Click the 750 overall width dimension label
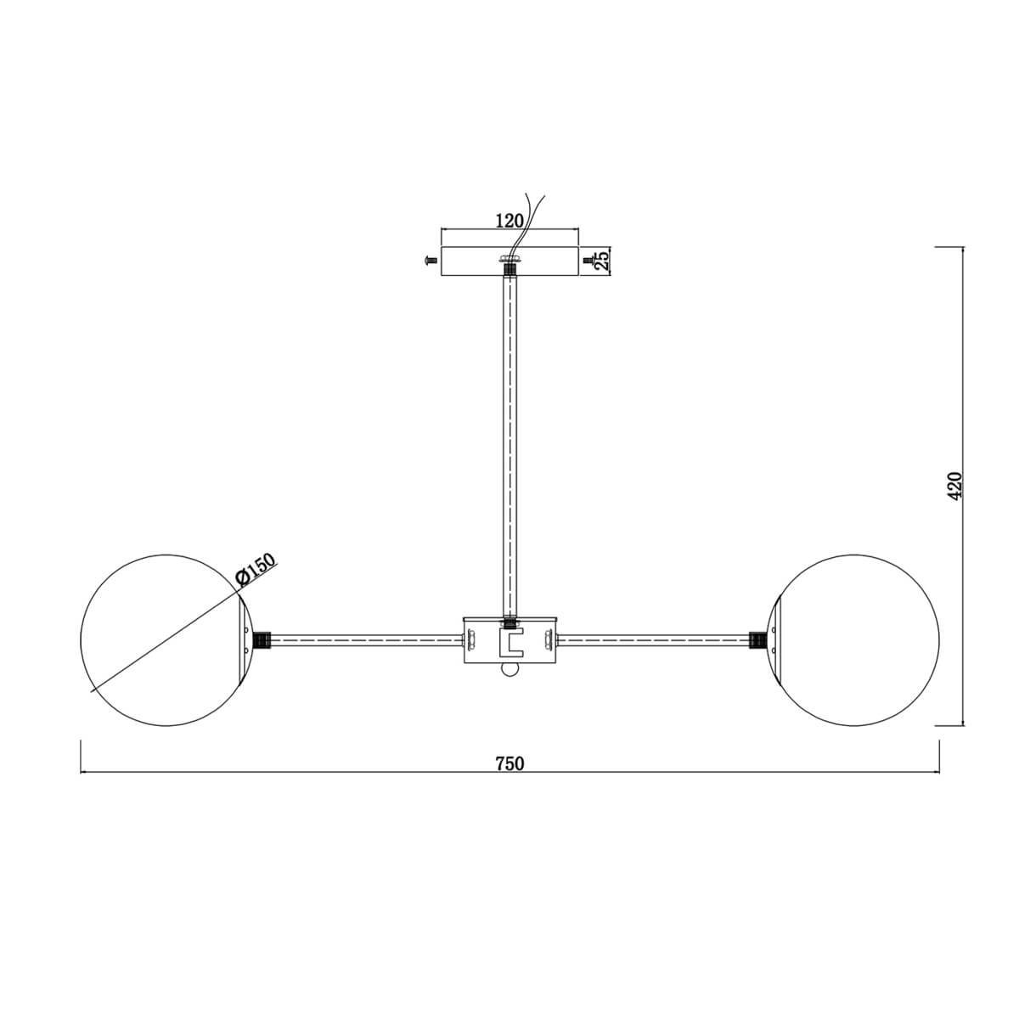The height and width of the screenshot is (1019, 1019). pos(509,763)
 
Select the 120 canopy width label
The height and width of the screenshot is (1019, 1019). pos(509,221)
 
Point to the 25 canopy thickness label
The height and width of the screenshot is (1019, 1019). pos(602,261)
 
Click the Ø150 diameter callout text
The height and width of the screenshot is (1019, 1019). pos(257,571)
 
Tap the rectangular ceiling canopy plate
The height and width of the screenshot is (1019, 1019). pos(509,261)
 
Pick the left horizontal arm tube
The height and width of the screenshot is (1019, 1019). pos(367,640)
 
